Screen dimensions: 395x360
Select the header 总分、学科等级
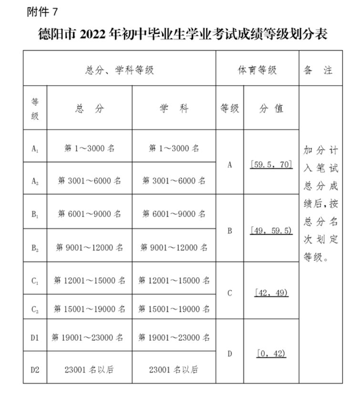click(120, 70)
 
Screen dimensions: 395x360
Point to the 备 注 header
click(320, 70)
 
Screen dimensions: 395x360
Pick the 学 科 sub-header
click(174, 108)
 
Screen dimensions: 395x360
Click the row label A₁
click(35, 148)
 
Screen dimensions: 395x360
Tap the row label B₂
click(35, 247)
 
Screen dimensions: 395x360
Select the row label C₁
click(35, 281)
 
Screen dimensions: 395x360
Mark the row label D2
click(35, 369)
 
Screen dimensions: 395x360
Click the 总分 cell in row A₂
click(89, 181)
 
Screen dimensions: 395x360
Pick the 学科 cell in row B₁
click(174, 214)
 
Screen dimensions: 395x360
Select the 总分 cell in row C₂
click(89, 309)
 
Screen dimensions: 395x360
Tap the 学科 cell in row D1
click(174, 337)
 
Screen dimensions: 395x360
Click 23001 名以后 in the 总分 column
click(89, 369)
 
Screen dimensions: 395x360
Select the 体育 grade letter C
click(229, 293)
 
